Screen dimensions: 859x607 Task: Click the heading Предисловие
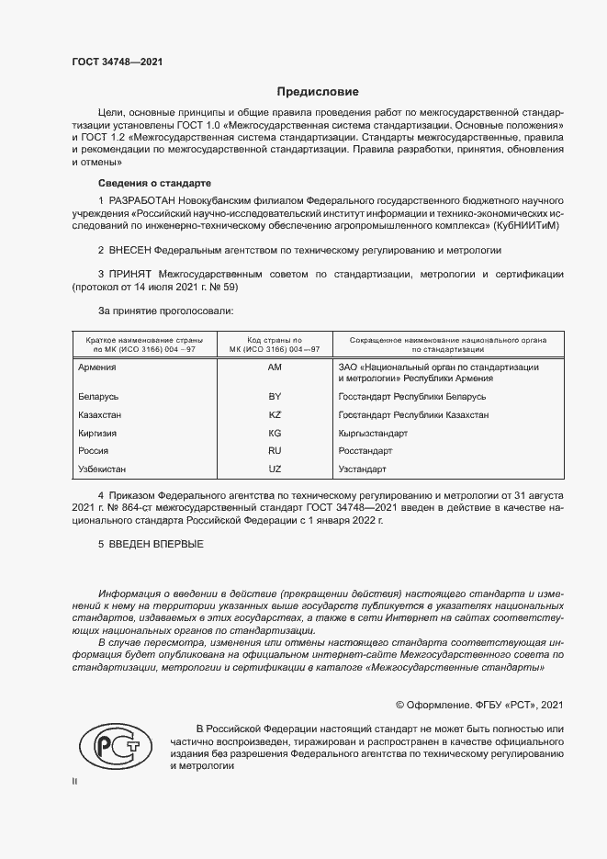pyautogui.click(x=318, y=92)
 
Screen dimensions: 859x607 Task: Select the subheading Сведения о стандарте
pyautogui.click(x=154, y=183)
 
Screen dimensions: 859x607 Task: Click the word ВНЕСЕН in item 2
pyautogui.click(x=129, y=249)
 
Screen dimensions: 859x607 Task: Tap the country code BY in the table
pyautogui.click(x=274, y=396)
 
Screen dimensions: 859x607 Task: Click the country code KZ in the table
pyautogui.click(x=274, y=414)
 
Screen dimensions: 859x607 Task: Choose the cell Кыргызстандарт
pyautogui.click(x=373, y=433)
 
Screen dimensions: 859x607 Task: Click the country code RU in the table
pyautogui.click(x=274, y=450)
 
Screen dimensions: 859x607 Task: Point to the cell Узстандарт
pyautogui.click(x=363, y=469)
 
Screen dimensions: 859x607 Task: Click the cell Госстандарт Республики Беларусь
pyautogui.click(x=412, y=396)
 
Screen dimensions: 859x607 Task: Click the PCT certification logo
pyautogui.click(x=115, y=746)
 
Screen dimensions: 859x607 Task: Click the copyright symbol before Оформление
pyautogui.click(x=400, y=705)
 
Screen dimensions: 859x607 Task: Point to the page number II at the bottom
pyautogui.click(x=74, y=782)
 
